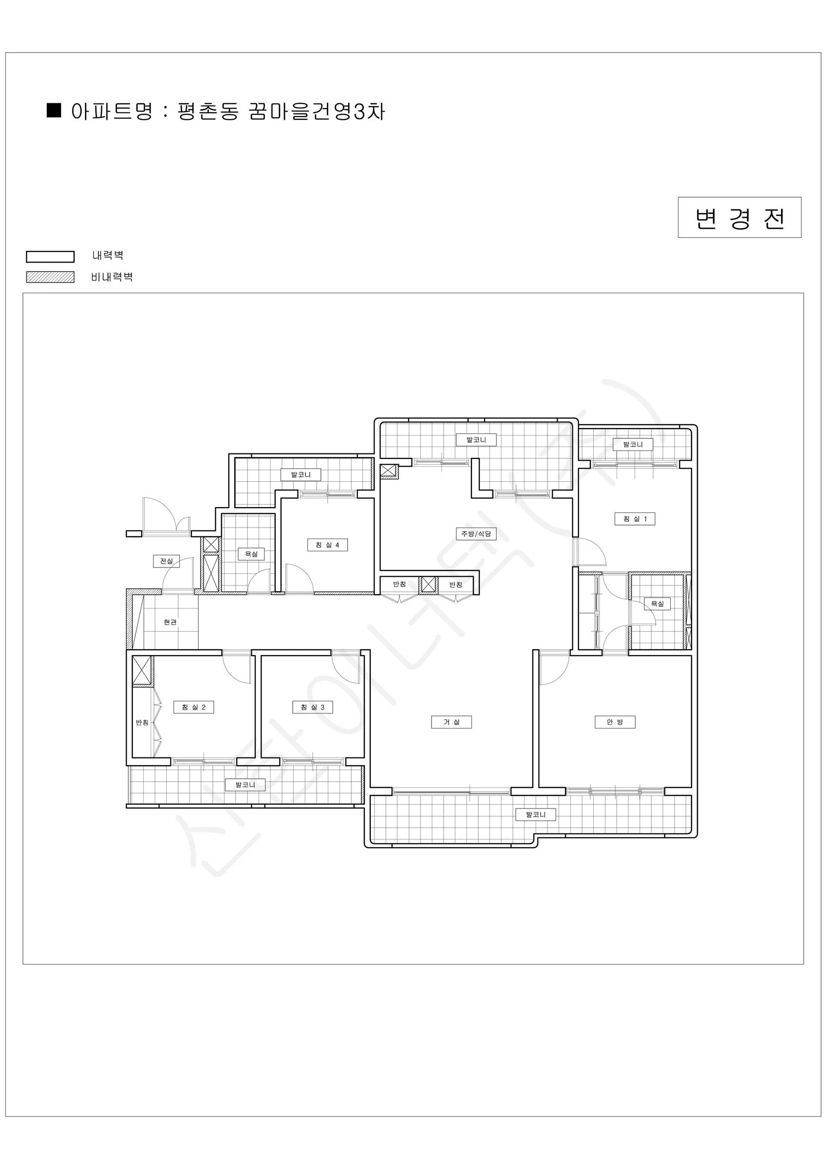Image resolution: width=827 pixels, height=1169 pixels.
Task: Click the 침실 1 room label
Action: pos(635,519)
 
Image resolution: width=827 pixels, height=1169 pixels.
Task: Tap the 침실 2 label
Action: pos(193,707)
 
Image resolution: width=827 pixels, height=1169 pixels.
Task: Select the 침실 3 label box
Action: pos(313,707)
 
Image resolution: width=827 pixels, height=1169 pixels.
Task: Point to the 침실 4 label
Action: pos(327,545)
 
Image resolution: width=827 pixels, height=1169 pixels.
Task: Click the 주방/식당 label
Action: pos(476,533)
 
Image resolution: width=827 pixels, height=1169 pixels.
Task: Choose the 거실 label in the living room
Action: pos(451,722)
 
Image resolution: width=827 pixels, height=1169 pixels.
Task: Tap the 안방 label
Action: pos(615,722)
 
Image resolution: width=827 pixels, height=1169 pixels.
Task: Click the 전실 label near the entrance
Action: pos(167,561)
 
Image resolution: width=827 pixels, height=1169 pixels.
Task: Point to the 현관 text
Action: pos(170,622)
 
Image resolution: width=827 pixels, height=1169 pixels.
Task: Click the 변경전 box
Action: pos(739,217)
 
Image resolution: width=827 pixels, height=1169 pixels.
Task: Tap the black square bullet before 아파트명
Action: pos(54,111)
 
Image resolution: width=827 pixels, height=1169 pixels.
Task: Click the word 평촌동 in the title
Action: pos(208,111)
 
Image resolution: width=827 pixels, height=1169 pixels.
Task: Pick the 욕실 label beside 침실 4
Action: pos(252,554)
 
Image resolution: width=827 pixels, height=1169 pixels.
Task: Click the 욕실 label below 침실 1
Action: pos(658,604)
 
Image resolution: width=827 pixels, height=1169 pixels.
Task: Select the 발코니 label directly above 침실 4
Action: pos(301,474)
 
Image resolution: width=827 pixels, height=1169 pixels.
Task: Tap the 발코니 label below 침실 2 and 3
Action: pos(245,785)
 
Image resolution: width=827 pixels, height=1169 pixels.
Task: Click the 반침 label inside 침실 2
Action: pos(142,722)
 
